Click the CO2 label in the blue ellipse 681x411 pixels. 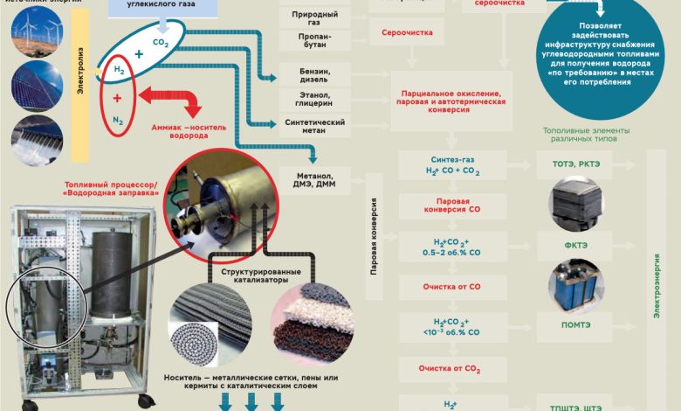[x=160, y=42]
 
